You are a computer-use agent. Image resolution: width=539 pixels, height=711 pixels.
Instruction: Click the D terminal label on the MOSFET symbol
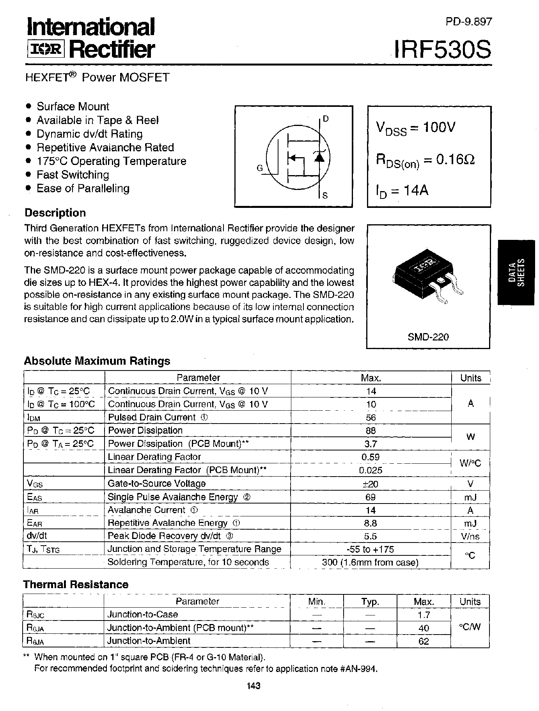point(326,119)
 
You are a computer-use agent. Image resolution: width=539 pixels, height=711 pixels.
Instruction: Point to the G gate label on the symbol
point(260,168)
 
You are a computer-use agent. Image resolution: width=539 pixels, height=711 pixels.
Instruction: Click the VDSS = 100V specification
point(416,128)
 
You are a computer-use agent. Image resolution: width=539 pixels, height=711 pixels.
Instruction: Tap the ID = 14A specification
point(402,191)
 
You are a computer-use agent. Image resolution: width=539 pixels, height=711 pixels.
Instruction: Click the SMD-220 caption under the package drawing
point(428,337)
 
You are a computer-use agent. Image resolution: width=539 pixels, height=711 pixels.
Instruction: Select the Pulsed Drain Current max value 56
point(371,417)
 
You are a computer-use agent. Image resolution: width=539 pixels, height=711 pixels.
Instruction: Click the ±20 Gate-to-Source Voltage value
point(371,484)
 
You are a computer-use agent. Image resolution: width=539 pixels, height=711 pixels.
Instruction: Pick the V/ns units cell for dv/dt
point(470,536)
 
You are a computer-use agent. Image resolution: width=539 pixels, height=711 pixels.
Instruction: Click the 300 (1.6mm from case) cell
point(371,562)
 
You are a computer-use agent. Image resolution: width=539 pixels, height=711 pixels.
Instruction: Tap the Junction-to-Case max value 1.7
point(424,615)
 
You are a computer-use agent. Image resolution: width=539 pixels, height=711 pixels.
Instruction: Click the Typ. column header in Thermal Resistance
point(370,601)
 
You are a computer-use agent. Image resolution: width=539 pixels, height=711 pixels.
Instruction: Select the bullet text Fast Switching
point(73,175)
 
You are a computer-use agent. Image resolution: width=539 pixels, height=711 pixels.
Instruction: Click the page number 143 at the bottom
point(254,686)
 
